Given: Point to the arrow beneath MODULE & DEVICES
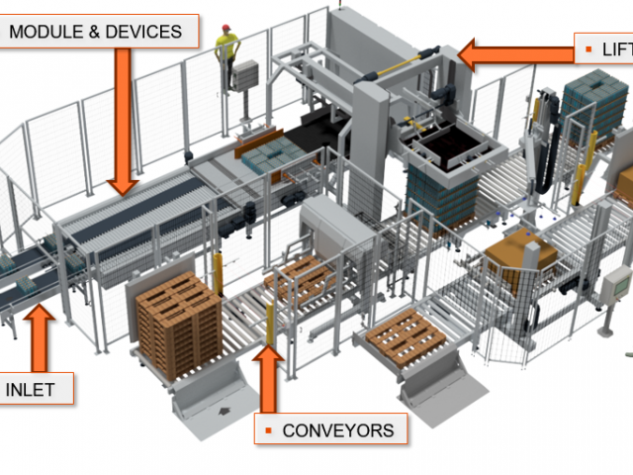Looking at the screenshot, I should point(123,119).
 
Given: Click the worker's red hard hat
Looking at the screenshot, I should point(226,27).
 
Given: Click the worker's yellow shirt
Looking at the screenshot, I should point(228,46).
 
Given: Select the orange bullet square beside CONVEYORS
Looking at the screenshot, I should point(268,430).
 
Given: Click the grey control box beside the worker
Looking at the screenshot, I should point(247,75).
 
